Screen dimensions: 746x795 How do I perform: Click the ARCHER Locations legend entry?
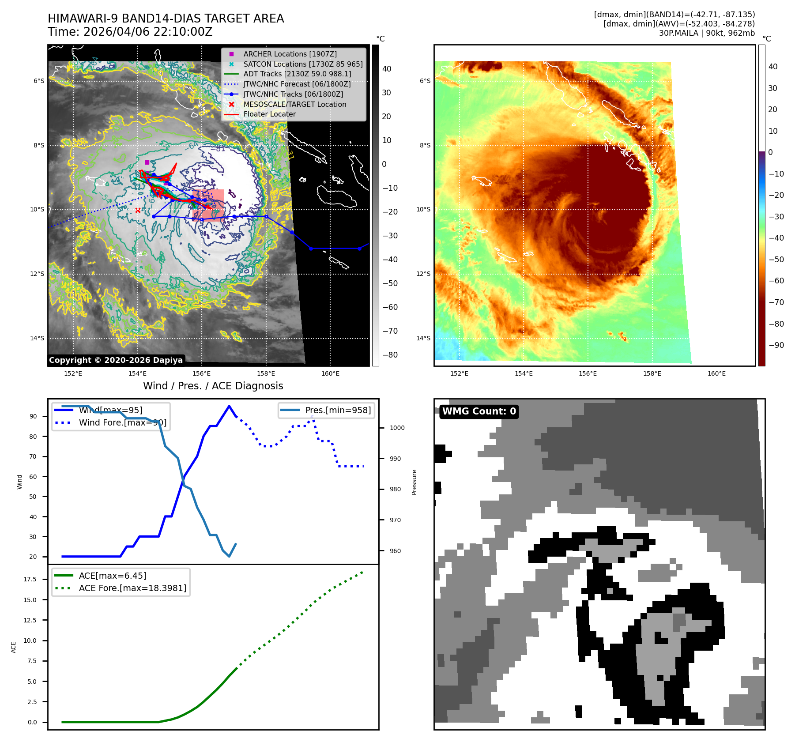[290, 54]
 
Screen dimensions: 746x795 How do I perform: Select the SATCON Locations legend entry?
[303, 64]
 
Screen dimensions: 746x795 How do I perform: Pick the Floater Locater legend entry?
[269, 114]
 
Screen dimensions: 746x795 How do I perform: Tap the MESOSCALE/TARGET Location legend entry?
[294, 104]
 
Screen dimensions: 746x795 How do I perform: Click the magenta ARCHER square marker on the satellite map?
[147, 162]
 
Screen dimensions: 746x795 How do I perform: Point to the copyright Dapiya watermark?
[116, 360]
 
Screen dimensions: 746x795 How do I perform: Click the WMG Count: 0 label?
[479, 411]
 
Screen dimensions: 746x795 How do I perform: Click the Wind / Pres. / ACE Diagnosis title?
[213, 386]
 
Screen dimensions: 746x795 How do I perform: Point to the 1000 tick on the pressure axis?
[397, 428]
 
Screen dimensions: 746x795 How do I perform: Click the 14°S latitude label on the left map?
[37, 339]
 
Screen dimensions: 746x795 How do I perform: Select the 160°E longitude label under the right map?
[716, 373]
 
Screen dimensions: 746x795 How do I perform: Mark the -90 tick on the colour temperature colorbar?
[776, 345]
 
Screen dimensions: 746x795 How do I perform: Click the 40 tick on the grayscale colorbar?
[387, 69]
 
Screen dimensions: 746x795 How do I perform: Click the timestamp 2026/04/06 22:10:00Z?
[148, 32]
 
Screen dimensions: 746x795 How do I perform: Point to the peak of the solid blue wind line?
[229, 406]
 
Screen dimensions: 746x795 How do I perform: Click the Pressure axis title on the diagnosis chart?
[414, 482]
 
